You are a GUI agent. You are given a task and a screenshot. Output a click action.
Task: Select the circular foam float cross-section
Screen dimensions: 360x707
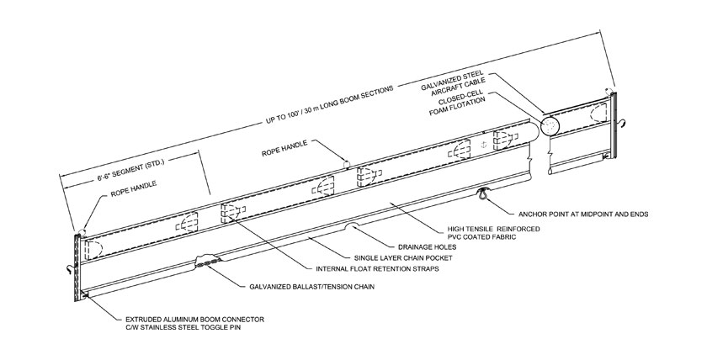550,126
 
